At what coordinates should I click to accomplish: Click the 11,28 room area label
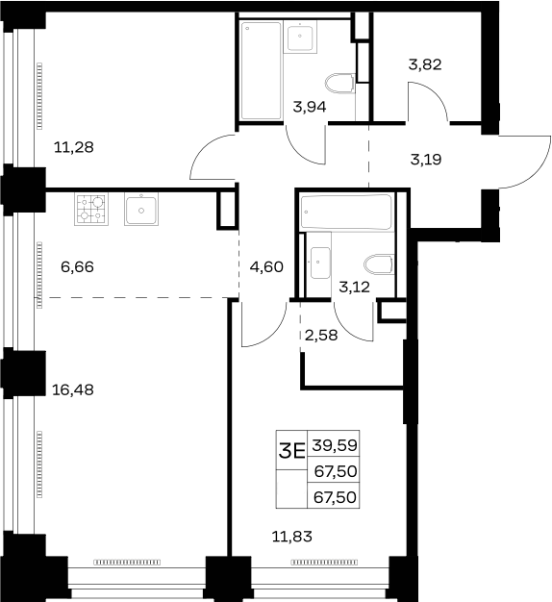[x=74, y=147]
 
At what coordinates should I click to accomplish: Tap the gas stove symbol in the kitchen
[x=91, y=209]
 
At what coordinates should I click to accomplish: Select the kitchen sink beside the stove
[x=141, y=210]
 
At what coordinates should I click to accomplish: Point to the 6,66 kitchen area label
[x=77, y=266]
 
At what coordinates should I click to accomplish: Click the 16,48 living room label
[x=72, y=389]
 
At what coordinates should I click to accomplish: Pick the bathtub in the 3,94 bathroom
[x=261, y=70]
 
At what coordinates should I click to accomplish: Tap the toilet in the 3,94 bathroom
[x=339, y=84]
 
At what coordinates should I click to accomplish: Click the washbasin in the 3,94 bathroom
[x=300, y=37]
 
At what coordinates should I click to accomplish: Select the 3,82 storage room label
[x=425, y=64]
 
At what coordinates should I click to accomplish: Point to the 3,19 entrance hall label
[x=426, y=159]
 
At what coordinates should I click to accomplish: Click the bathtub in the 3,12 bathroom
[x=346, y=213]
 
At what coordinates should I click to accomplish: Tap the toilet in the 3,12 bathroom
[x=379, y=264]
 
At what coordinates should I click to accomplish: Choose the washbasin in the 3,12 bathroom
[x=320, y=263]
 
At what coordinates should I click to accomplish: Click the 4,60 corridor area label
[x=266, y=266]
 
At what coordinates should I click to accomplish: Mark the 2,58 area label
[x=321, y=336]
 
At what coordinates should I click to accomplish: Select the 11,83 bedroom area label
[x=291, y=537]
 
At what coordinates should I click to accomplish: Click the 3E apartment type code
[x=291, y=450]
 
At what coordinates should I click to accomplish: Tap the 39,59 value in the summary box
[x=335, y=445]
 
